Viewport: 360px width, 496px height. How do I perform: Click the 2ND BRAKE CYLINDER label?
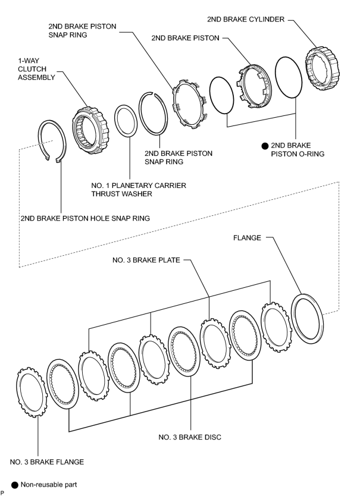tap(246, 19)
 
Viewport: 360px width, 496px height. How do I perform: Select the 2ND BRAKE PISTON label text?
tap(185, 38)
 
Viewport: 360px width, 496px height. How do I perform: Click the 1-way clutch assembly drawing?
tap(90, 130)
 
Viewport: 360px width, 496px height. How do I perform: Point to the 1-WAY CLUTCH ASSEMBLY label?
tap(36, 69)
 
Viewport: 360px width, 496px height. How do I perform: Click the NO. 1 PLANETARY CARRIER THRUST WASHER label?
tap(139, 190)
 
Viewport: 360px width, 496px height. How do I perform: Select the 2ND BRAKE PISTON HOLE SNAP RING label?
tap(85, 218)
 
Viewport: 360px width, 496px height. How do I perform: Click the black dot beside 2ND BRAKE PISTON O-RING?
tap(265, 146)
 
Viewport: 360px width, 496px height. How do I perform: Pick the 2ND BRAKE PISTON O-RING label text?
tap(293, 150)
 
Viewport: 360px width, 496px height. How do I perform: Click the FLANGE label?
tap(247, 238)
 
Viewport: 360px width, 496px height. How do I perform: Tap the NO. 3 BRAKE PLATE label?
tap(146, 260)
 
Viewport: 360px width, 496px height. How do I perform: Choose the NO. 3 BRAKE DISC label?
tap(190, 437)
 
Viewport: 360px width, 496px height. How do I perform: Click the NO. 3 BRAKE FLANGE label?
tap(47, 462)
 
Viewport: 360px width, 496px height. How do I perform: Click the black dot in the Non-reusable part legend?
tap(15, 485)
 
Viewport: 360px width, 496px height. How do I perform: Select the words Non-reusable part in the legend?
tap(49, 485)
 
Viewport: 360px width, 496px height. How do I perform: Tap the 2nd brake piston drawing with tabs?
tap(255, 87)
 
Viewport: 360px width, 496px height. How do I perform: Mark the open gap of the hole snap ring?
tap(52, 159)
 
